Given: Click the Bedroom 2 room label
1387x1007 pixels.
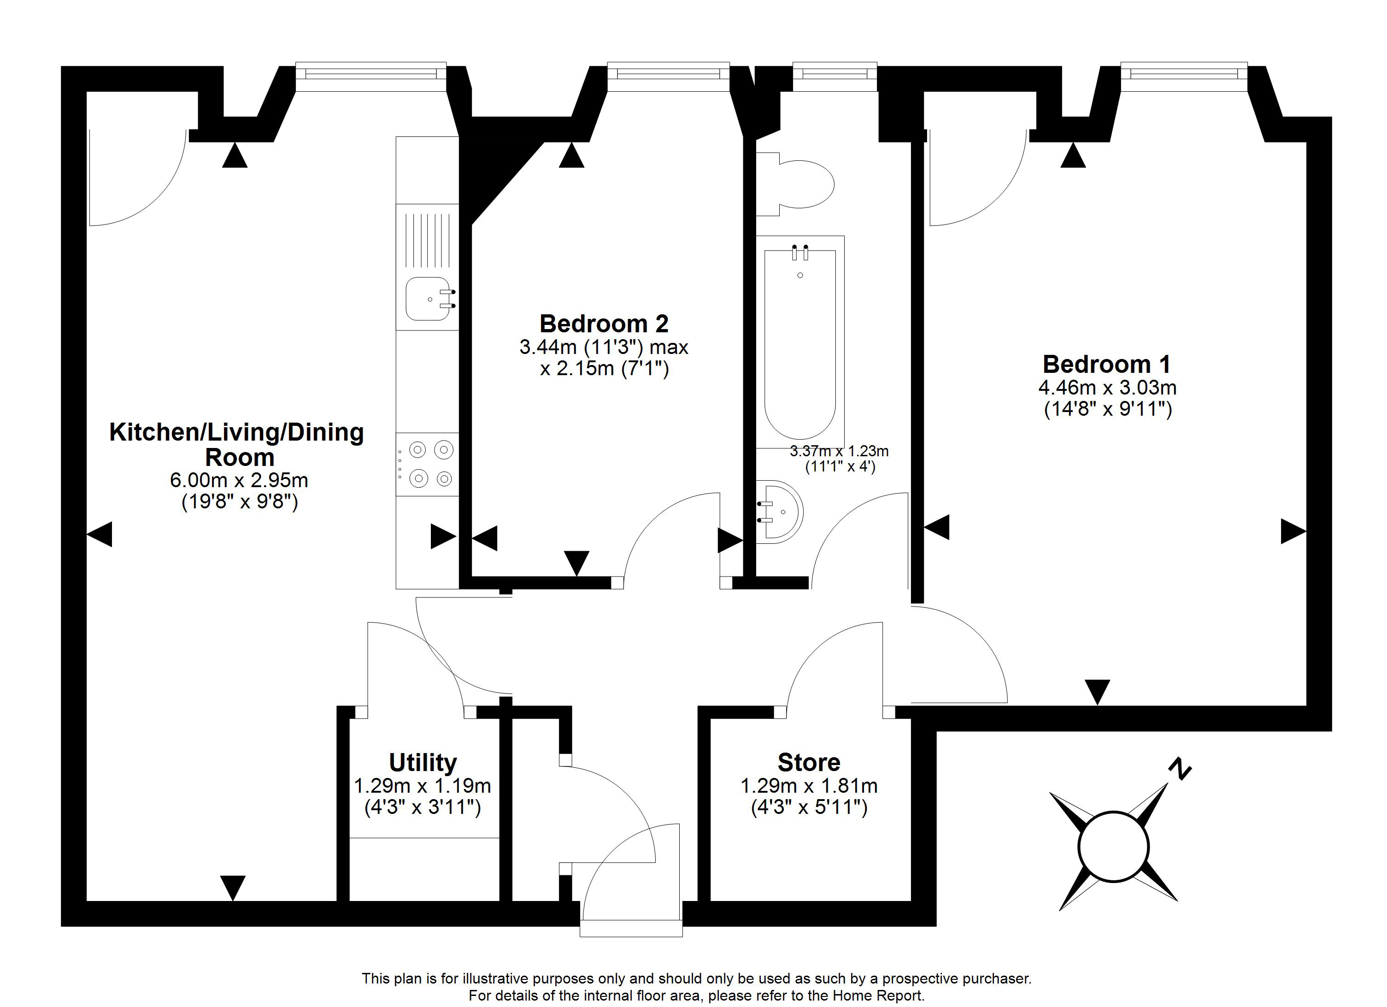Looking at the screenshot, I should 604,324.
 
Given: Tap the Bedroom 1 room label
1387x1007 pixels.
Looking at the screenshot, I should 1106,364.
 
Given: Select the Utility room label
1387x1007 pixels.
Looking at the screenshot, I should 423,762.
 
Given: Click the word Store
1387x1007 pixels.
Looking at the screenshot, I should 809,762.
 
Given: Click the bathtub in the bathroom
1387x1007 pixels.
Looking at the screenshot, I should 800,342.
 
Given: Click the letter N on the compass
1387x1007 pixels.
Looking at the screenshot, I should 1180,769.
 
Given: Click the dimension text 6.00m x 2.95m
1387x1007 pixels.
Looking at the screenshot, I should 239,480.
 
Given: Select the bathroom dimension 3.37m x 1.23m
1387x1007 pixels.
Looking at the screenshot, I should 839,452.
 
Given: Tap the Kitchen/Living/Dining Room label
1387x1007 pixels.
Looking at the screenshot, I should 237,444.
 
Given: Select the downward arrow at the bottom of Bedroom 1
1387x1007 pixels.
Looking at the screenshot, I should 1097,692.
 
